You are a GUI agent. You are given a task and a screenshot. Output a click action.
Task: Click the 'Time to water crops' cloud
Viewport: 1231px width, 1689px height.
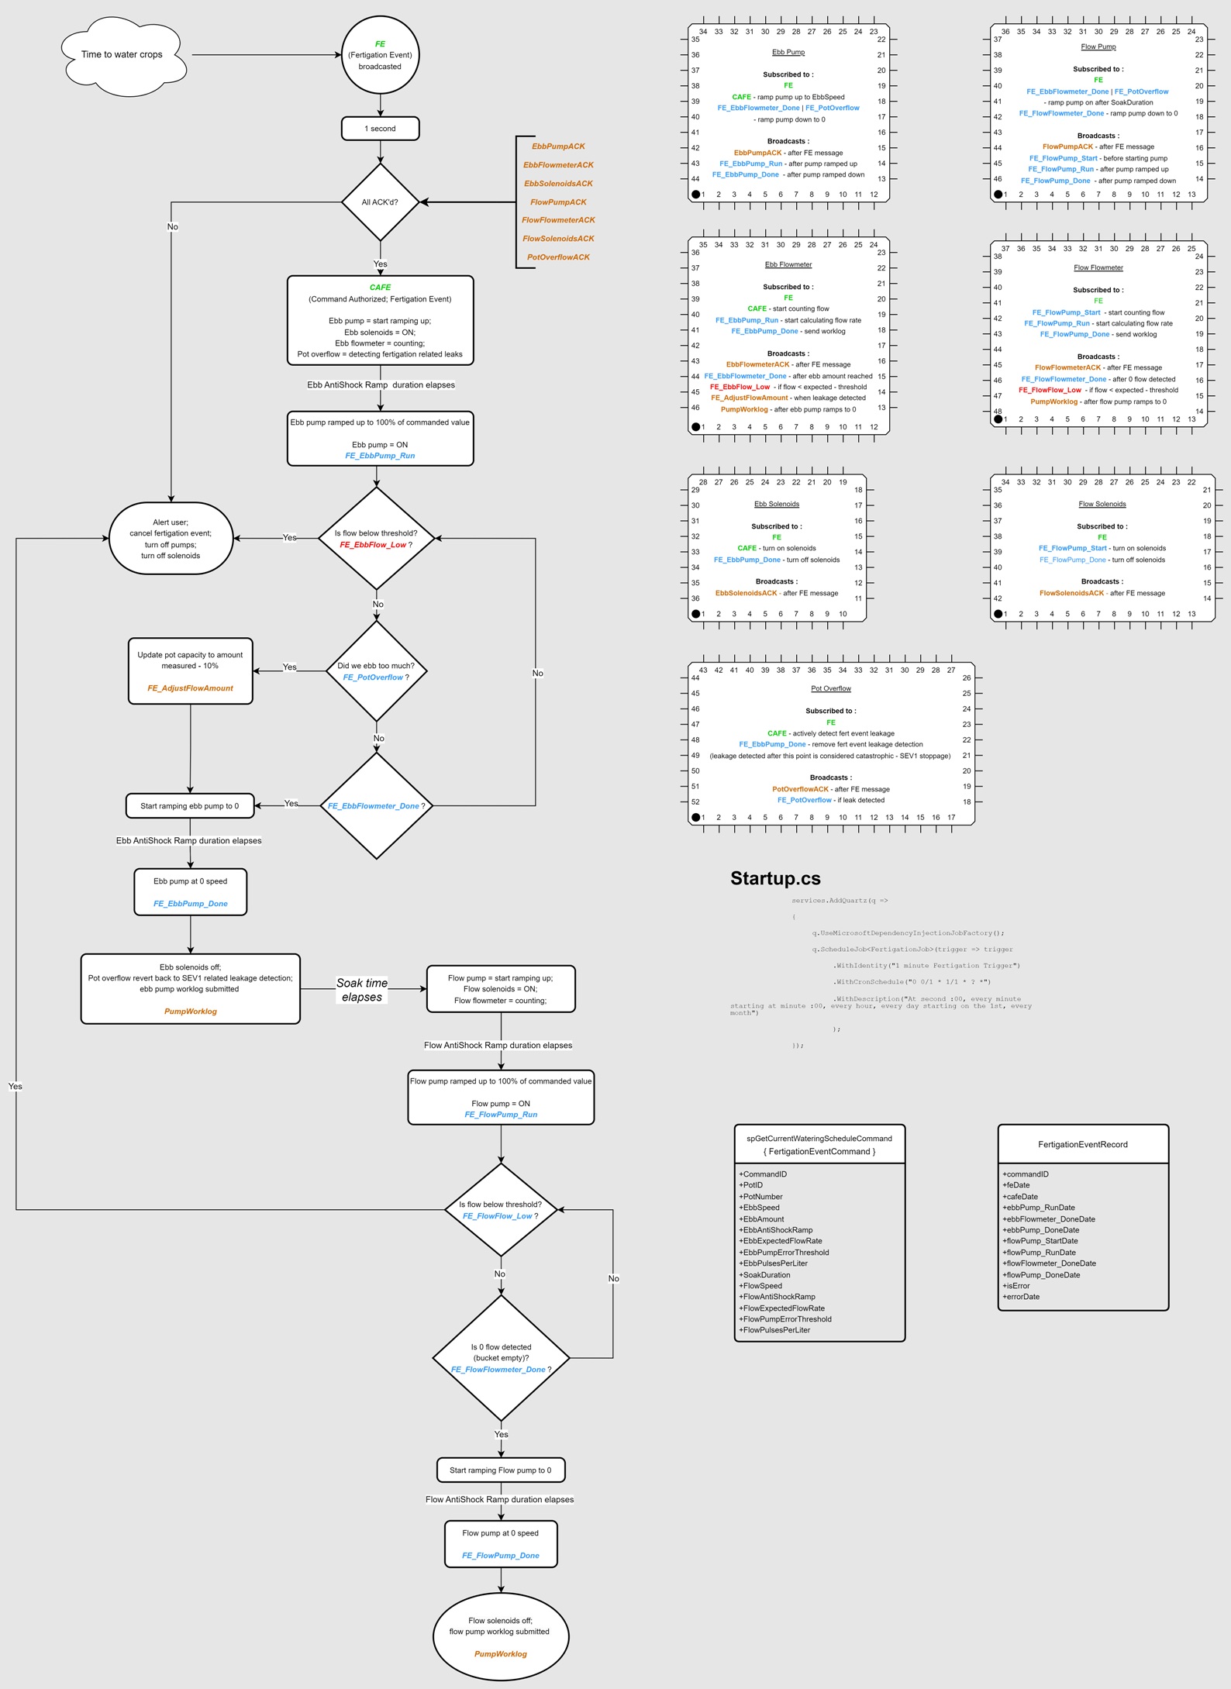[122, 55]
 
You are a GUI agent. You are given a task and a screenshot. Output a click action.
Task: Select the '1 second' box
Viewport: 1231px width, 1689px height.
[380, 129]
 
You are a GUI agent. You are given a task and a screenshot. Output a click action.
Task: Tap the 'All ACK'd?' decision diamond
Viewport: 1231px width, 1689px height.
[380, 202]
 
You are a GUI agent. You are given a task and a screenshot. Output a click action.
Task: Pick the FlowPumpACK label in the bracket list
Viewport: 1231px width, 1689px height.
[558, 202]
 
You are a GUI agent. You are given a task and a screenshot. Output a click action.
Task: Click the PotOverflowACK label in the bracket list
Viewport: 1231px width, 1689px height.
[558, 257]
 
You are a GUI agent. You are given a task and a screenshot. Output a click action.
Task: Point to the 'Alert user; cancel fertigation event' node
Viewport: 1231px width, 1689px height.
[171, 539]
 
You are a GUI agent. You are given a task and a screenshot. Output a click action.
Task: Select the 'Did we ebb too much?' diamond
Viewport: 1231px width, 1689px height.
[376, 671]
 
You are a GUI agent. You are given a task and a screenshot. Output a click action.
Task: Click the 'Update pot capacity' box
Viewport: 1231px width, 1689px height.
[190, 671]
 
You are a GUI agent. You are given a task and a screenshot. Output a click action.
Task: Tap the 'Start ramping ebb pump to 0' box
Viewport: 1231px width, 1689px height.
[190, 806]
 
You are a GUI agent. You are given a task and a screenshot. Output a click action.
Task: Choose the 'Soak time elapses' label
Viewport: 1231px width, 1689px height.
[362, 990]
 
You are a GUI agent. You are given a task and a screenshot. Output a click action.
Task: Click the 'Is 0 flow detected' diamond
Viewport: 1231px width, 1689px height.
[501, 1358]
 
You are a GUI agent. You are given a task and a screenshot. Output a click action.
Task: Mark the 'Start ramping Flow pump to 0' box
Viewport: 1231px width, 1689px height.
[501, 1470]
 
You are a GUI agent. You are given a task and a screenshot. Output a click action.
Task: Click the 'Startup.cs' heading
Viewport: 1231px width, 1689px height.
[775, 878]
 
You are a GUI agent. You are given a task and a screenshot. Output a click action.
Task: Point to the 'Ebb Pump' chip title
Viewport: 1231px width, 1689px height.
[788, 53]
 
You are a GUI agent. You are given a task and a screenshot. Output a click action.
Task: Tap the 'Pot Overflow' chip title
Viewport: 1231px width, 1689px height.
[831, 689]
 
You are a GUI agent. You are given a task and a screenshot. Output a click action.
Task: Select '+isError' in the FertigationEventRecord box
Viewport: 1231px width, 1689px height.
[1016, 1286]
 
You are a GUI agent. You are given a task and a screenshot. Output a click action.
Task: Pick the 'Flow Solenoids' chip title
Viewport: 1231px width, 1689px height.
[1102, 505]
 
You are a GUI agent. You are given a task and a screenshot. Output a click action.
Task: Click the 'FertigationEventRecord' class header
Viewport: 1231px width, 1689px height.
[1083, 1145]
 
